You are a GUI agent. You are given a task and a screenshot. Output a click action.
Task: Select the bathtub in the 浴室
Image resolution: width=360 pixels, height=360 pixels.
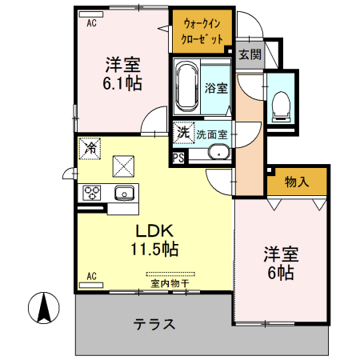(187, 87)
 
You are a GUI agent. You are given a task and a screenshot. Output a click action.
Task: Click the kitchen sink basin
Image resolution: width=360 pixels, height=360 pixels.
(123, 193)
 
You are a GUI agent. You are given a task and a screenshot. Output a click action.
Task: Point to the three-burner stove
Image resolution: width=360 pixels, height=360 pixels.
(92, 193)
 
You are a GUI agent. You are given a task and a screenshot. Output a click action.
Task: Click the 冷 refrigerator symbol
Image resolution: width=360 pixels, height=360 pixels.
(90, 149)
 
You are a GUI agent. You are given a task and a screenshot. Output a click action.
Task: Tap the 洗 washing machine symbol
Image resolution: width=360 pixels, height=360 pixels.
(183, 133)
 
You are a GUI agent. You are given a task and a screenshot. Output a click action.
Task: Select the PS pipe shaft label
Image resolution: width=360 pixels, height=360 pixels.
(178, 157)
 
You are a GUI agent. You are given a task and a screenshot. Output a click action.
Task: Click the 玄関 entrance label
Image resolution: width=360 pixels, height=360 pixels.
(250, 55)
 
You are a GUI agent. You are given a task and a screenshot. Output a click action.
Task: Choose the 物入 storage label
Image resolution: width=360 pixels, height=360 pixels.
(297, 182)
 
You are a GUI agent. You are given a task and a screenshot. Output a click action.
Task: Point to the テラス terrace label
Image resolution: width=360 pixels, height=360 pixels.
(154, 325)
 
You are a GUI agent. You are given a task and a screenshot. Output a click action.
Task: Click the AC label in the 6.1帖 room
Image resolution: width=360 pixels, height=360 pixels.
(90, 23)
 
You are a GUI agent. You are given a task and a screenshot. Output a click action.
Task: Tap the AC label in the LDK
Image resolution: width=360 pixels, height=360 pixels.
(90, 277)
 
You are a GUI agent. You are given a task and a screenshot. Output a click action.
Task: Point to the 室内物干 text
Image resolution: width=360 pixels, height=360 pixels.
(170, 282)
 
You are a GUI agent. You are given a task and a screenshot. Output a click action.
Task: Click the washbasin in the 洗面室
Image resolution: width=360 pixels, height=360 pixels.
(217, 153)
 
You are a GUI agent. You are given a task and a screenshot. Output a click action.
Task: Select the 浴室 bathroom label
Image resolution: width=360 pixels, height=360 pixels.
(214, 88)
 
